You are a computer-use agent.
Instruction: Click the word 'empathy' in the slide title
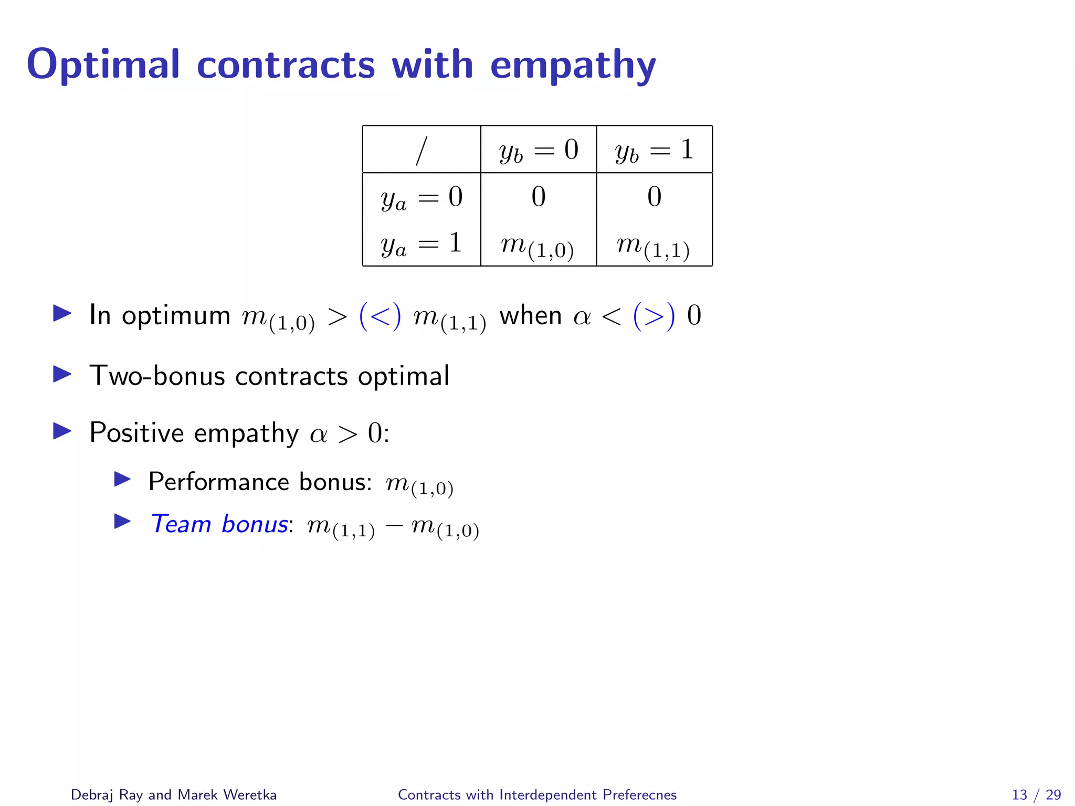coord(573,66)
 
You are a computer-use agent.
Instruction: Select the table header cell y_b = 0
coord(539,150)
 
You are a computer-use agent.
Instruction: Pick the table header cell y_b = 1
coord(655,150)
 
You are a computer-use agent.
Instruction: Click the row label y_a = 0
coord(421,198)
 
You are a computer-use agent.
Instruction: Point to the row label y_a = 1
coord(421,244)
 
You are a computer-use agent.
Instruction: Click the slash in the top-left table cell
coord(421,151)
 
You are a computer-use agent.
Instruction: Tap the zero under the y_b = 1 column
coord(654,197)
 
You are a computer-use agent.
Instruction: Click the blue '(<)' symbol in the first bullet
coord(380,316)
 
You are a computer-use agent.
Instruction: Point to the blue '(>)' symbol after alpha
coord(654,316)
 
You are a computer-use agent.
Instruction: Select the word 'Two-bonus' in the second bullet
coord(157,376)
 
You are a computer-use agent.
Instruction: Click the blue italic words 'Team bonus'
coord(219,524)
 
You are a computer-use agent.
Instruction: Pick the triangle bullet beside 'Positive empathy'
coord(62,431)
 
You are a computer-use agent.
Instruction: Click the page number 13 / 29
coord(1036,794)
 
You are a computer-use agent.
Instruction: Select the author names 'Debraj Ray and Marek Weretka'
coord(174,794)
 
